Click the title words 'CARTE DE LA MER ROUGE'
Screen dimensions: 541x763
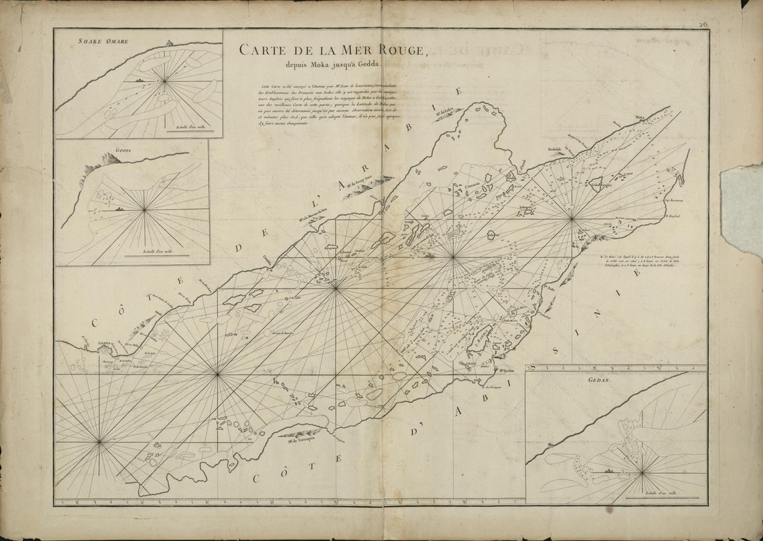click(334, 50)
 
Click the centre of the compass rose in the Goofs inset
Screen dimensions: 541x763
click(144, 209)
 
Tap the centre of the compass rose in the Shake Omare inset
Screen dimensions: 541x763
click(164, 82)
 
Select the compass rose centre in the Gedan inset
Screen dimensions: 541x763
click(642, 472)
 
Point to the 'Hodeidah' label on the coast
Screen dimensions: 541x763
click(553, 148)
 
